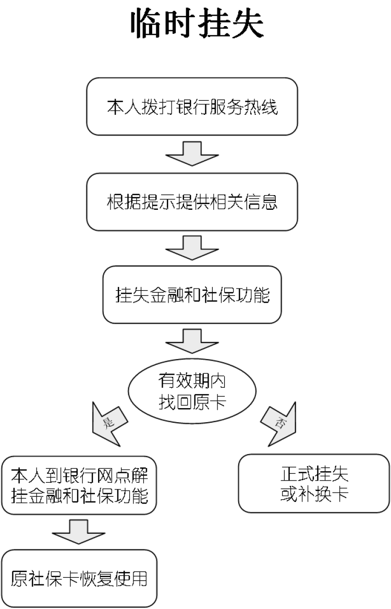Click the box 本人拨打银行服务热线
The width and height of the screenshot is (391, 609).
tap(192, 107)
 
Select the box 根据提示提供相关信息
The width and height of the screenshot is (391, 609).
tap(192, 201)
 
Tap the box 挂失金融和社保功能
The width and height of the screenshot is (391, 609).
tap(192, 295)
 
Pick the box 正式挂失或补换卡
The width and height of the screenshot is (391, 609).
tap(314, 484)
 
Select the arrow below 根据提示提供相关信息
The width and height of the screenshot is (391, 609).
tap(192, 248)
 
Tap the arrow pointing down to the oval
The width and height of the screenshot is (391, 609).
tap(192, 342)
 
